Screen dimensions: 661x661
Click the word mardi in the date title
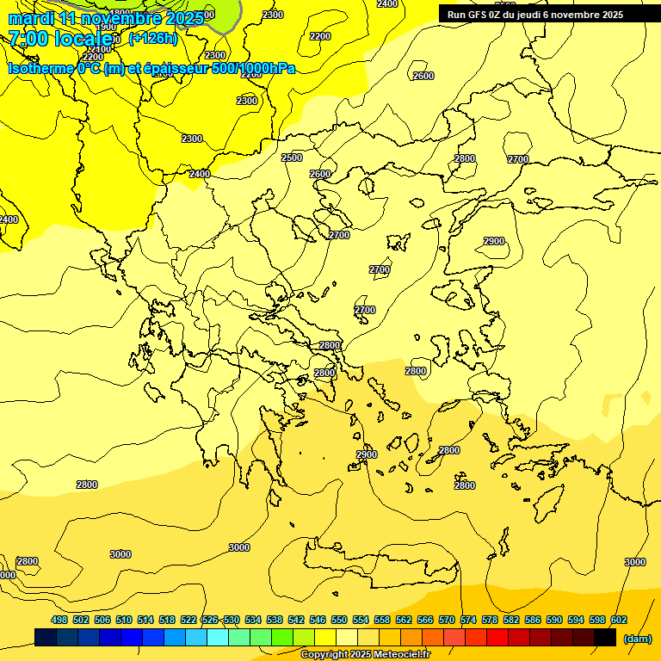click(31, 18)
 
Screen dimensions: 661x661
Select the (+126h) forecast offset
click(152, 39)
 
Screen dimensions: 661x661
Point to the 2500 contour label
click(292, 158)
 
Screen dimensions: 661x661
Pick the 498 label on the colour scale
click(59, 620)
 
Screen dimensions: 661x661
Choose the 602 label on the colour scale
click(619, 620)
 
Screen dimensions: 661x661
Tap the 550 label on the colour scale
click(339, 620)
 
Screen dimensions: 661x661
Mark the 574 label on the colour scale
click(468, 620)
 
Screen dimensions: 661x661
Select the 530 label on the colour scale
click(232, 620)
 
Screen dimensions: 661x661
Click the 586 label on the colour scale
click(533, 620)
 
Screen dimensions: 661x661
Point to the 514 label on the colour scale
click(145, 620)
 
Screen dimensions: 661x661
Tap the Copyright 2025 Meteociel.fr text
click(364, 655)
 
